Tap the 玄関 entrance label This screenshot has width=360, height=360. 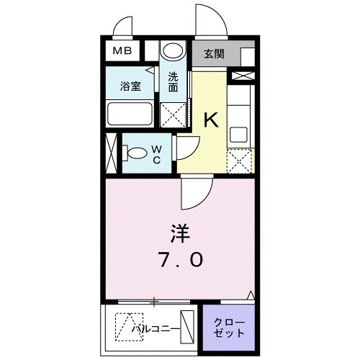tap(215, 53)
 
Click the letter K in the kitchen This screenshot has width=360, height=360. tap(212, 120)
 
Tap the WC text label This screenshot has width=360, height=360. tap(156, 154)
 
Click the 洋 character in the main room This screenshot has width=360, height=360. tap(181, 234)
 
